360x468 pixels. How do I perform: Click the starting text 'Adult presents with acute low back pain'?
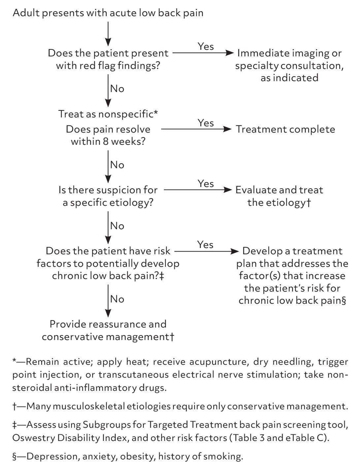click(108, 13)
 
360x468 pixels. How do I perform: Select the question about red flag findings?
click(108, 59)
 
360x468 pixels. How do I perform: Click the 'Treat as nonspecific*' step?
click(108, 114)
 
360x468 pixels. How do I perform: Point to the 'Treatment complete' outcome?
click(285, 129)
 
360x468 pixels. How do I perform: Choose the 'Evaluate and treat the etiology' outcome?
click(279, 196)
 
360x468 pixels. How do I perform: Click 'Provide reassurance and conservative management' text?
click(108, 330)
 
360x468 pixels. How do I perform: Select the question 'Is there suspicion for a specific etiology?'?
click(108, 196)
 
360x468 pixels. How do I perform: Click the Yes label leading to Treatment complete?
click(206, 123)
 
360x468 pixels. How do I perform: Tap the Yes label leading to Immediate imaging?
click(206, 47)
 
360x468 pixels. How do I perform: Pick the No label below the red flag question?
click(117, 89)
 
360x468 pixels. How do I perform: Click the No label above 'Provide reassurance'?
click(117, 299)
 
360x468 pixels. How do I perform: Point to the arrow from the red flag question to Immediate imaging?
click(203, 53)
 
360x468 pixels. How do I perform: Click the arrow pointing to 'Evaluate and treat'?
click(198, 190)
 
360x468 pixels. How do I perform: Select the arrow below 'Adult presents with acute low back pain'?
click(108, 34)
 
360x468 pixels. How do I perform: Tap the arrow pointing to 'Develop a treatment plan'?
click(207, 251)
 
